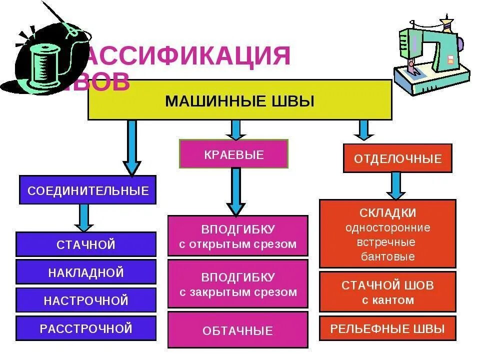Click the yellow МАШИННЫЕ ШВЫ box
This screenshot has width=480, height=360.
point(239,100)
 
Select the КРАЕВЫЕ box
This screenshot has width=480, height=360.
point(233,154)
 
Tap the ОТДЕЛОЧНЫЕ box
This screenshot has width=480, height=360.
point(397,158)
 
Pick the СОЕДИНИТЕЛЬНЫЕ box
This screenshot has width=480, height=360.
point(87,190)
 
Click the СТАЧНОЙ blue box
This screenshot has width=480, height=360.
point(86,244)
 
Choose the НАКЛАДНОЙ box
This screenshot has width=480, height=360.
point(86,272)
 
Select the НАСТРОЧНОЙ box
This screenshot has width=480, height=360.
point(86,300)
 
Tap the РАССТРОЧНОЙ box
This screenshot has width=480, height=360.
point(86,328)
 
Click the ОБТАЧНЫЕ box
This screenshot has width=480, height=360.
point(237,330)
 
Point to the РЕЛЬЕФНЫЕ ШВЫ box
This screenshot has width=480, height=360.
point(387,328)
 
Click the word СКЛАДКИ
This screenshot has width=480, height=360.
point(387,213)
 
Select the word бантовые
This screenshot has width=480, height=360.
point(387,257)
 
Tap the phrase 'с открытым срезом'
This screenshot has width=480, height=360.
point(237,244)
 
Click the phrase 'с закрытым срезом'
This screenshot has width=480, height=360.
point(237,292)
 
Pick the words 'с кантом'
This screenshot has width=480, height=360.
point(387,300)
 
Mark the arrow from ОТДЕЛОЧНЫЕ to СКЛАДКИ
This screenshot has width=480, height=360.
point(395,185)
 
